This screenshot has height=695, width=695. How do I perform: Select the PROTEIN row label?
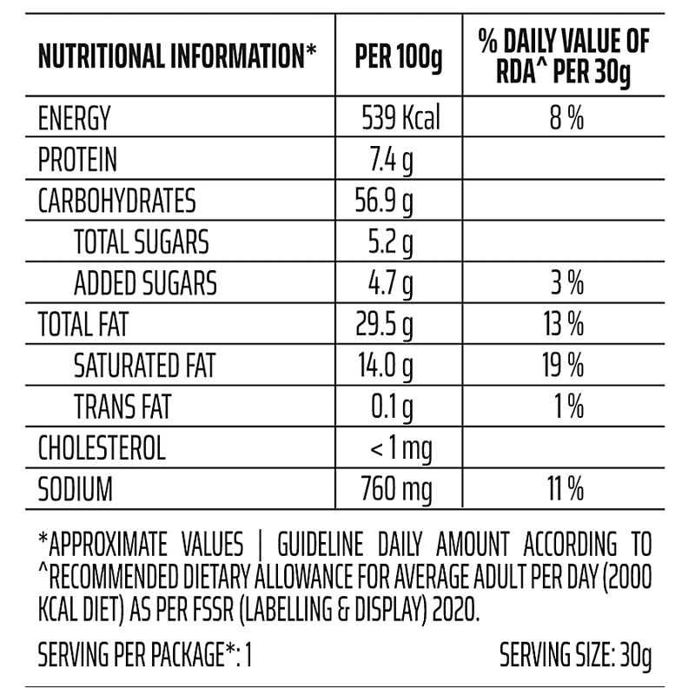[x=77, y=160]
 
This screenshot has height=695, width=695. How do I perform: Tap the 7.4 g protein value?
[x=389, y=160]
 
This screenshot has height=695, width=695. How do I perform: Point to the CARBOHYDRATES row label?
[x=117, y=202]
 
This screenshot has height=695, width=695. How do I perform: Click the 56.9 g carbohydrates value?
[x=385, y=202]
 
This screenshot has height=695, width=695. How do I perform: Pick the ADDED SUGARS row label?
[x=145, y=284]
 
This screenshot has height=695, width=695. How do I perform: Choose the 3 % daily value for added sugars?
[x=566, y=284]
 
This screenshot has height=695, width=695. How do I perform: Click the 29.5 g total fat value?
[x=385, y=326]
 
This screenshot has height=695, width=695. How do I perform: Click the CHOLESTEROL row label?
[x=102, y=449]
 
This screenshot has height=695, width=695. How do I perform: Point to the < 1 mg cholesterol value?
[x=400, y=449]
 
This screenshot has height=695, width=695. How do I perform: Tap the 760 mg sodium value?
[x=396, y=490]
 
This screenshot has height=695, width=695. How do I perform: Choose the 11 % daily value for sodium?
[x=565, y=490]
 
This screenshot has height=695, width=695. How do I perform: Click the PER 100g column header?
[x=399, y=59]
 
